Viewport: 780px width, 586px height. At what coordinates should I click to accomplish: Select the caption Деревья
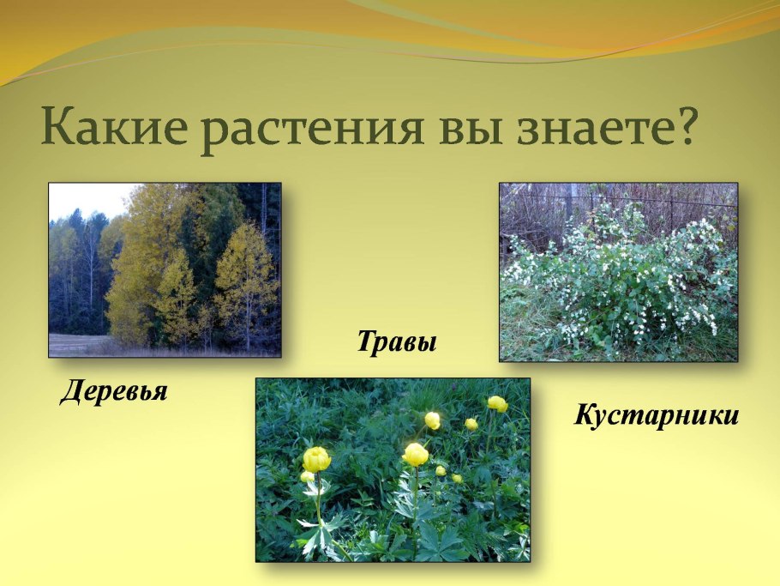click(114, 392)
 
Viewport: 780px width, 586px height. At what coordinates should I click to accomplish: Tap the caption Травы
click(397, 343)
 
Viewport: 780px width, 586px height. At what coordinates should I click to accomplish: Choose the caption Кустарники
click(656, 416)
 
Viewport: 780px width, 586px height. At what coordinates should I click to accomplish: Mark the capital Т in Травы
click(367, 343)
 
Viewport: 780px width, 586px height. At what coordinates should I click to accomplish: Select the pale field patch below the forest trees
click(73, 344)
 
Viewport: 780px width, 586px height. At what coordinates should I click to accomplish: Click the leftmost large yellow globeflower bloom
click(316, 459)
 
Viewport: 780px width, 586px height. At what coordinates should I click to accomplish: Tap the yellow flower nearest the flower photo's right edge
click(497, 403)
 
